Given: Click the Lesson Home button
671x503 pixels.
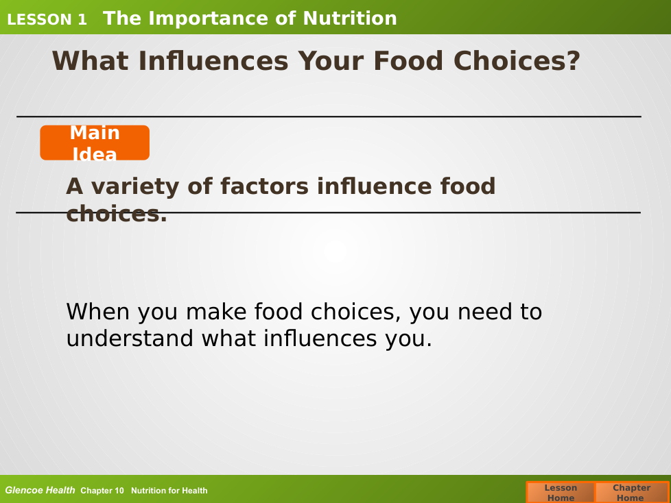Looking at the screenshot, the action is (x=561, y=492).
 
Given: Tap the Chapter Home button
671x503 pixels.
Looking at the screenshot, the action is (x=632, y=492).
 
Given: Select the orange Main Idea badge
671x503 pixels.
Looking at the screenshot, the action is (x=95, y=143).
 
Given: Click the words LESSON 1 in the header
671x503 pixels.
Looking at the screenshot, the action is (x=47, y=19).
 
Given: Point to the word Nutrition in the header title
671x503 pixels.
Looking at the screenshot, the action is (x=350, y=19).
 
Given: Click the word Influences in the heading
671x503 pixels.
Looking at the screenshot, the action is (x=213, y=60).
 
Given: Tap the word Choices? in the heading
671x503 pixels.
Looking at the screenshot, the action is (x=517, y=60).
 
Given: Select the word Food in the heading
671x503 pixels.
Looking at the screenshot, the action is (x=408, y=60).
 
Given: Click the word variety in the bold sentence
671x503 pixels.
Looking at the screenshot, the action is (x=135, y=187).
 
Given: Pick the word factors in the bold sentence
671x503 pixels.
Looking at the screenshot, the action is (x=264, y=186).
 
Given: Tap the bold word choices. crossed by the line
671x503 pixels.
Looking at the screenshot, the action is (x=117, y=213).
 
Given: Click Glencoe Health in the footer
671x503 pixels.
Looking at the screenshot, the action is (x=40, y=490).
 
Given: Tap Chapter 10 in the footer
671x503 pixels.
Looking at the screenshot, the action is (x=102, y=491).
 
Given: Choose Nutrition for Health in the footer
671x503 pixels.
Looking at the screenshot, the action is (x=169, y=491).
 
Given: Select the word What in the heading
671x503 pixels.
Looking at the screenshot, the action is (x=90, y=60).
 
